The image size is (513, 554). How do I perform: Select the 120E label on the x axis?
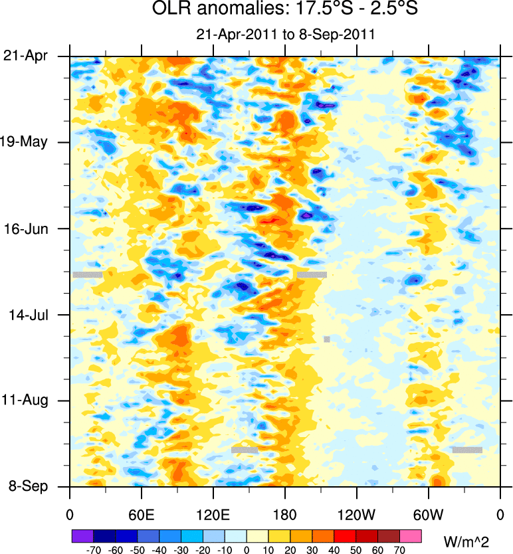tap(213, 514)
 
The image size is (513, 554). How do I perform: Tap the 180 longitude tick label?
tap(285, 514)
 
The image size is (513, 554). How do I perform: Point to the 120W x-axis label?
tap(357, 514)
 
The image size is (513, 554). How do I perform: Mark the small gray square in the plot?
tap(327, 339)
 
